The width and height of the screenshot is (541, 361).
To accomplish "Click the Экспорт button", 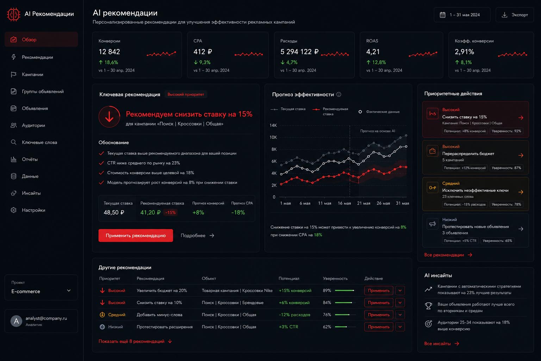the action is click(x=515, y=15).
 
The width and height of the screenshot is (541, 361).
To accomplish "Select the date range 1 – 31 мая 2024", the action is click(x=462, y=15).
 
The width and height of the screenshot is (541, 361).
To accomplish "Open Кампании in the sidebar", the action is click(x=32, y=74).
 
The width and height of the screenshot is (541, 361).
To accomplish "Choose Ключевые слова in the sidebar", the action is click(x=39, y=142).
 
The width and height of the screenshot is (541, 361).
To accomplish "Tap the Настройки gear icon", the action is click(x=13, y=210).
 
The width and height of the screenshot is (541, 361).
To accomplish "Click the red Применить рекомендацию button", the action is click(x=136, y=235).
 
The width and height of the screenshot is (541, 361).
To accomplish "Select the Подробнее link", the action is click(x=197, y=235).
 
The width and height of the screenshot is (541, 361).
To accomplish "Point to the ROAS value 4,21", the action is click(x=373, y=52).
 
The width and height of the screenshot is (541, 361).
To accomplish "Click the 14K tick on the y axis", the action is click(x=273, y=125).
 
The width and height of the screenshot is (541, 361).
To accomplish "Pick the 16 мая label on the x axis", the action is click(x=344, y=203).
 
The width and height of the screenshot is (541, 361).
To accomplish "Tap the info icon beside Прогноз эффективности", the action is click(x=339, y=94).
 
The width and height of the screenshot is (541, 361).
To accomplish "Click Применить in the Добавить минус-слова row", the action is click(x=379, y=314).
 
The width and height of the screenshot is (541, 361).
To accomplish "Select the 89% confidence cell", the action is click(x=327, y=290).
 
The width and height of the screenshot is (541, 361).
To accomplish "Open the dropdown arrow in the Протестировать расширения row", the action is click(x=400, y=327).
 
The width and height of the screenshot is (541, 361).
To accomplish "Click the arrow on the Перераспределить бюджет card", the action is click(x=521, y=155).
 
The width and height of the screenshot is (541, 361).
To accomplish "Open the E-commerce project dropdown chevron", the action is click(x=69, y=290).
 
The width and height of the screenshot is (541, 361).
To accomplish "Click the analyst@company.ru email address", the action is click(x=46, y=318).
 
